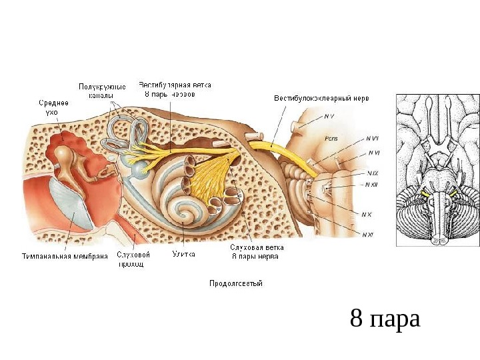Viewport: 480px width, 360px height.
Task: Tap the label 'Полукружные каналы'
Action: [x=102, y=91]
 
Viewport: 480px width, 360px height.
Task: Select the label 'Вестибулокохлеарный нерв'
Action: [x=321, y=98]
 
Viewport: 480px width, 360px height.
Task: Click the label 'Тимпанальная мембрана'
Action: [x=65, y=255]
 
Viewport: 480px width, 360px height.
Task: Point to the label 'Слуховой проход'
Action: [x=133, y=259]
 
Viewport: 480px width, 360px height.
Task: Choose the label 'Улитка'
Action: [x=183, y=254]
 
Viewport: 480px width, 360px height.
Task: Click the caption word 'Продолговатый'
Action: [x=236, y=283]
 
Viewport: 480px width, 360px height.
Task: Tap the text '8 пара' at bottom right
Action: [x=385, y=319]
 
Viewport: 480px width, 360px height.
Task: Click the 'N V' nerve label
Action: [x=329, y=117]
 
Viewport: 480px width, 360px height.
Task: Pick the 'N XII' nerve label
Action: [x=371, y=185]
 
